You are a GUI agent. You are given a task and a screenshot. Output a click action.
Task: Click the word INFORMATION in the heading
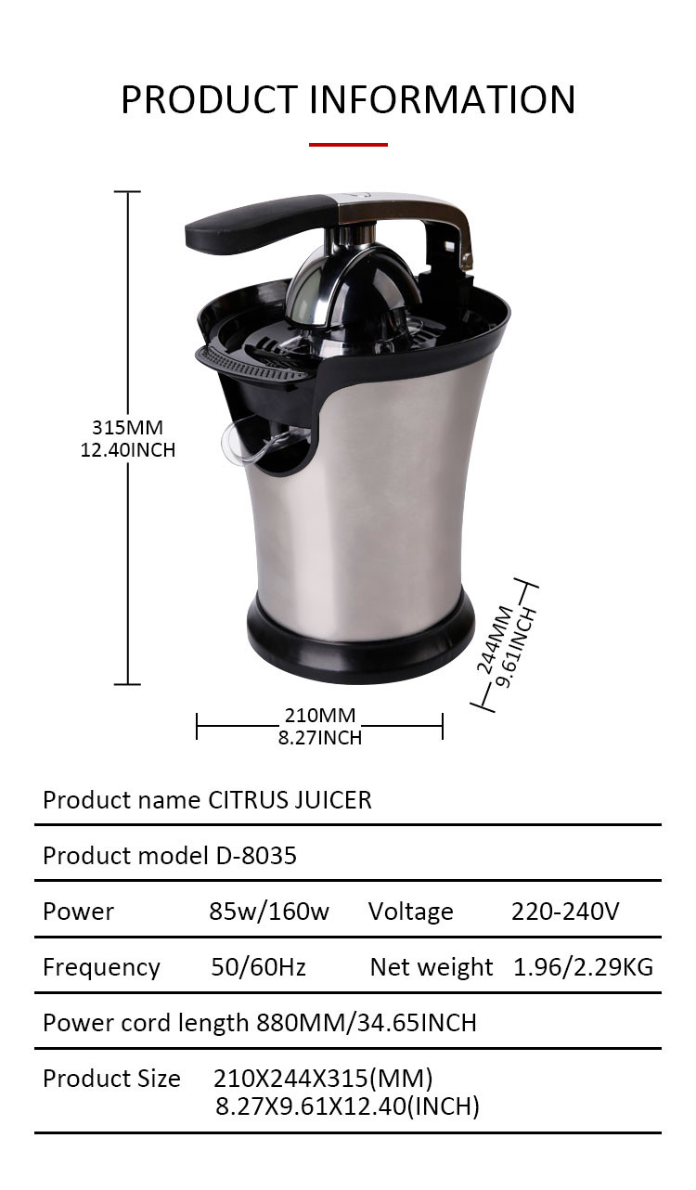pos(443,99)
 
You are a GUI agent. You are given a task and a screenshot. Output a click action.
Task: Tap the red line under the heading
pos(348,144)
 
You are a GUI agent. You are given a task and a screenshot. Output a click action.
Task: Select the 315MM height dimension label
pos(127,428)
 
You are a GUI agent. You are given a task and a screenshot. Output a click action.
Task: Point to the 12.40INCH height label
pos(127,450)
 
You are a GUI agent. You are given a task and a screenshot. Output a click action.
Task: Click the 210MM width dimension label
pos(320,716)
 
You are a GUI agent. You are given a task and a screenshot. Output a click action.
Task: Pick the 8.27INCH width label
pos(320,738)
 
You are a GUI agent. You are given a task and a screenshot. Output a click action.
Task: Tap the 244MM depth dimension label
pos(495,640)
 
